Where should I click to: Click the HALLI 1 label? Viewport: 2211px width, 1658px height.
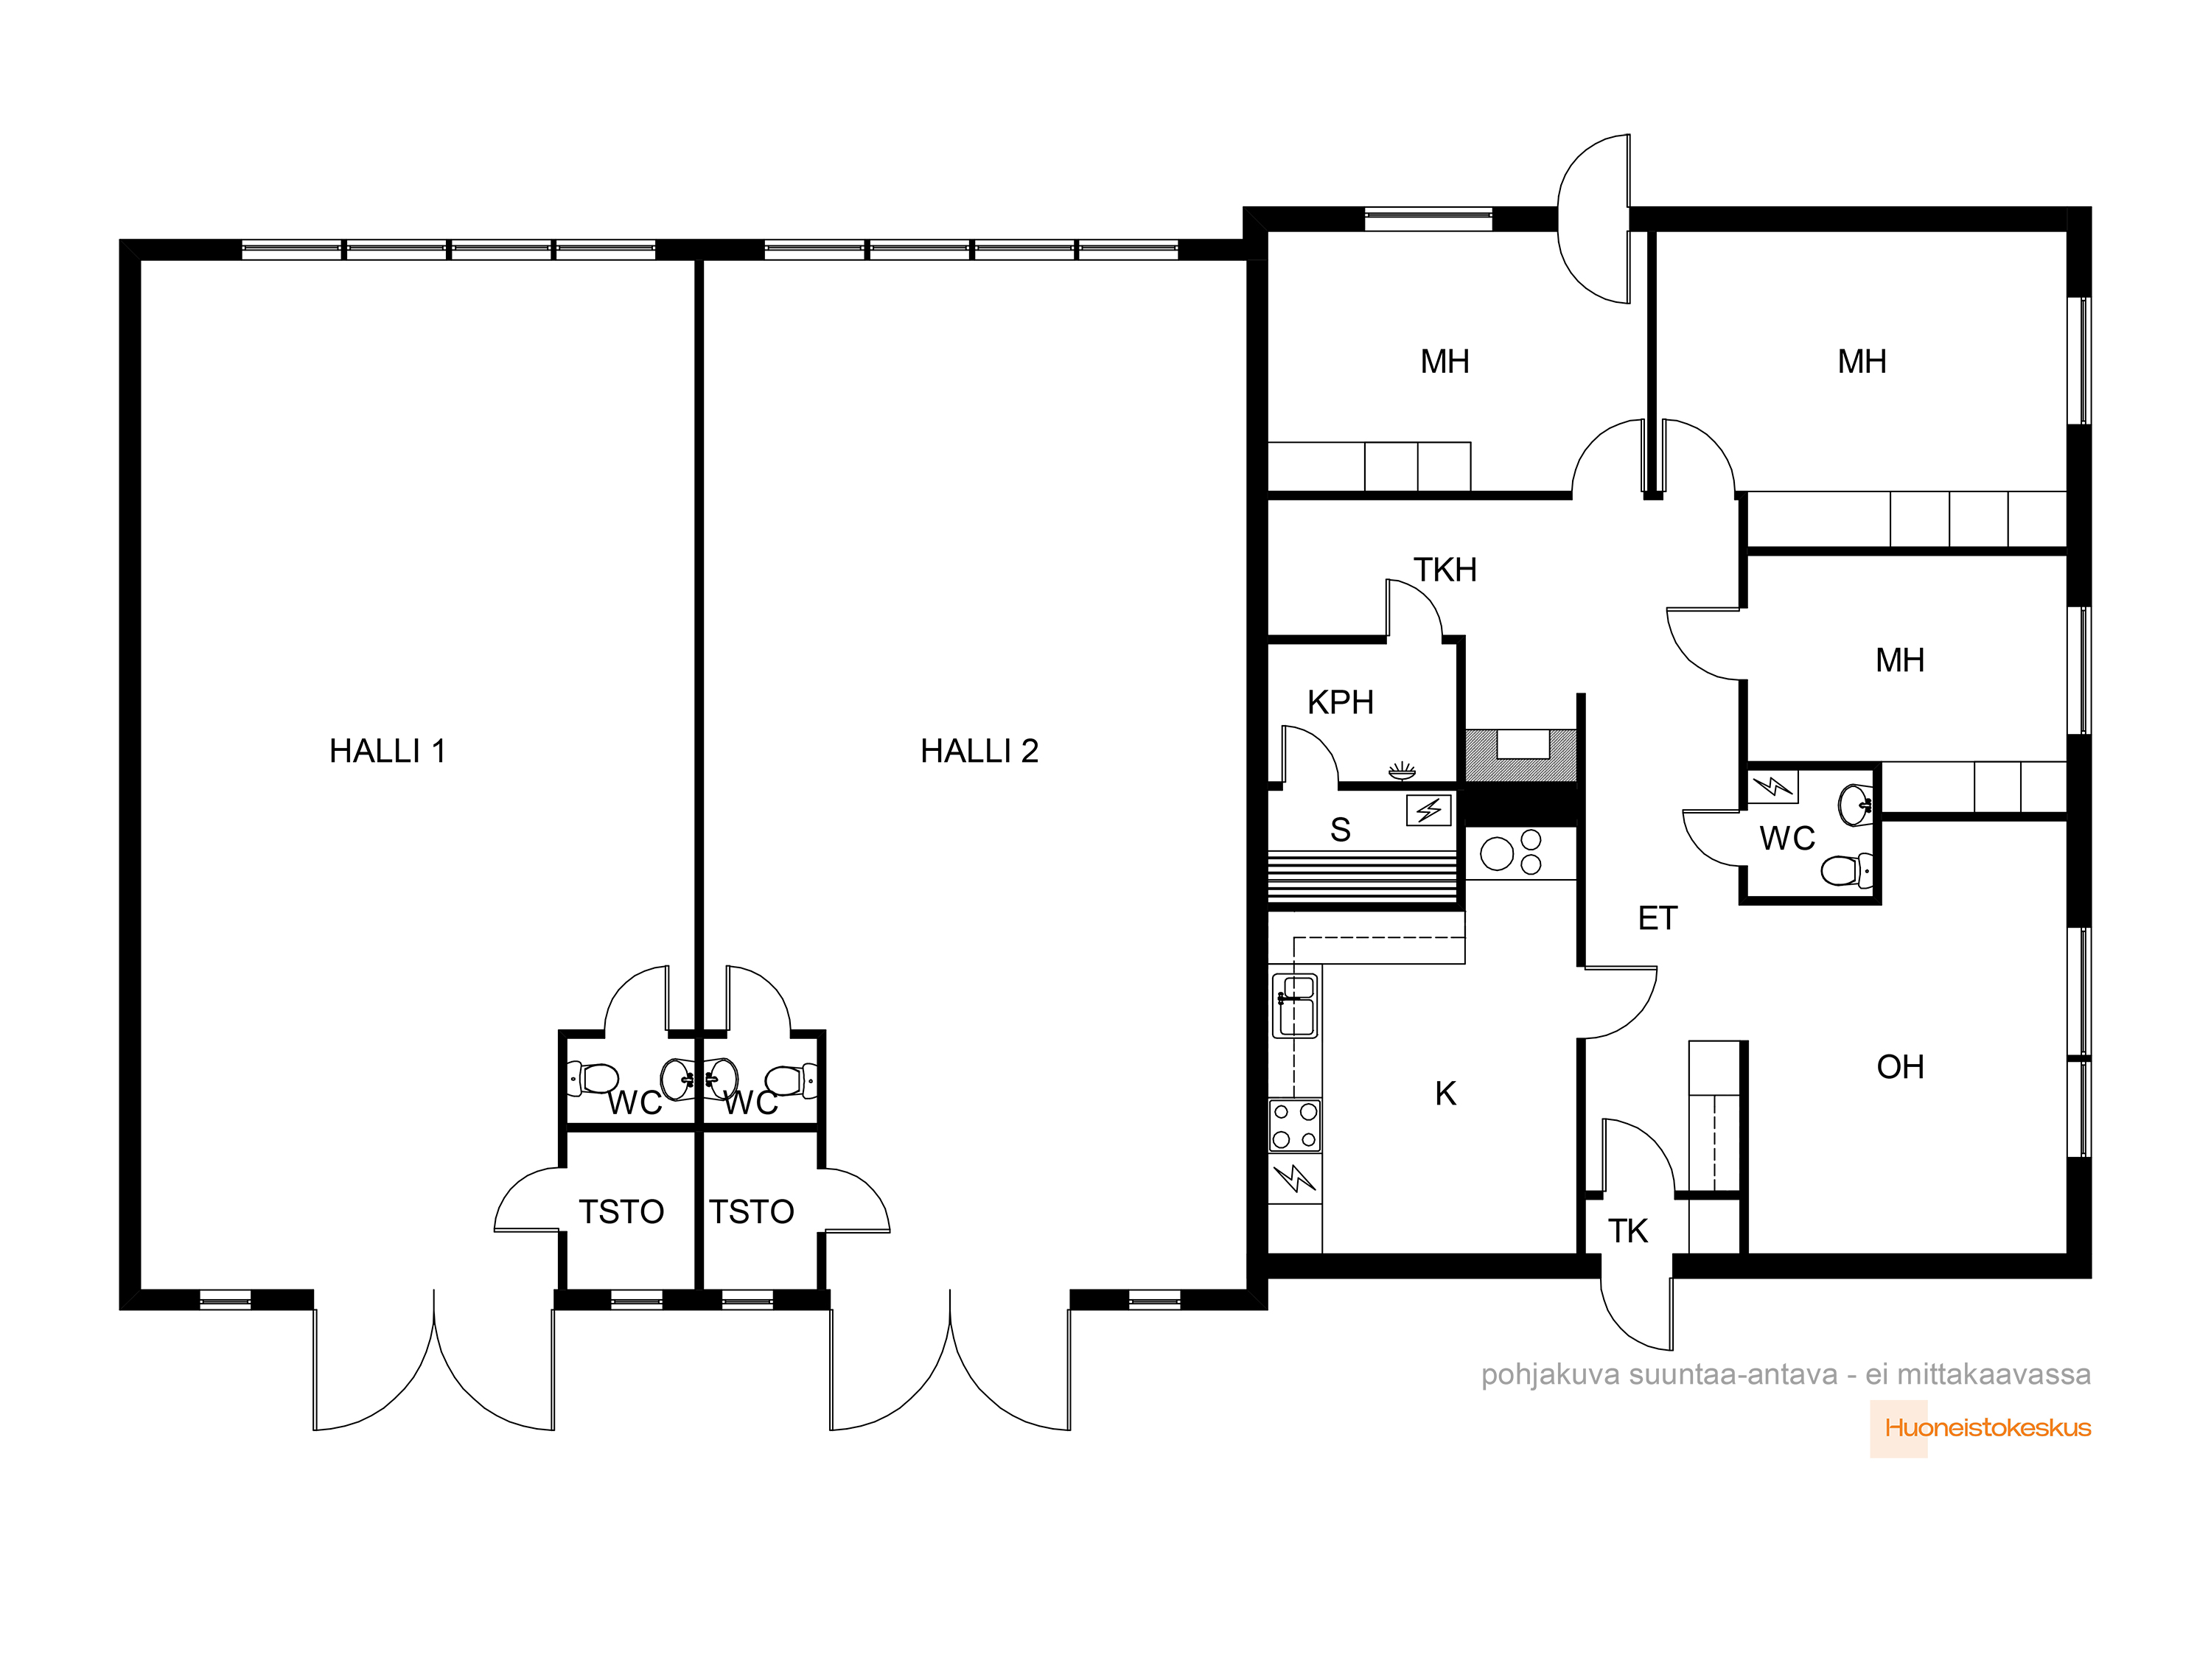(x=387, y=751)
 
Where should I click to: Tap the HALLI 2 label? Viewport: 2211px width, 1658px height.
(x=979, y=751)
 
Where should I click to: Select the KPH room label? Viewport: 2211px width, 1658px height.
(x=1341, y=702)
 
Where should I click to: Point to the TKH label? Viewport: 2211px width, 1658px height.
(x=1445, y=570)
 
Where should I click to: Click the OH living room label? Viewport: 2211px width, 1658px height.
(x=1900, y=1067)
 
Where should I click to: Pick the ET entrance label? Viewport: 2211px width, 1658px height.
(x=1658, y=918)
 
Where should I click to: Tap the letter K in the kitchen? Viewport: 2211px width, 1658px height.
(x=1445, y=1094)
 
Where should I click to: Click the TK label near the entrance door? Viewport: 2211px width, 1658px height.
(x=1627, y=1231)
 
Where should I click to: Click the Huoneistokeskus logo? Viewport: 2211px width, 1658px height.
(x=1987, y=1428)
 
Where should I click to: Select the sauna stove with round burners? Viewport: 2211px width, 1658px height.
(x=1512, y=853)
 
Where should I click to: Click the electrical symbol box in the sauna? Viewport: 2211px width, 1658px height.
(x=1428, y=810)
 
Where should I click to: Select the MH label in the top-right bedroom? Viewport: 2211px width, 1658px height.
(x=1862, y=362)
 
